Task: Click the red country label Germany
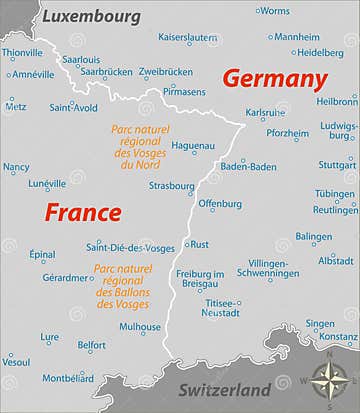click(x=274, y=80)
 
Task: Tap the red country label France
click(x=82, y=212)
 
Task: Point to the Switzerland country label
click(x=224, y=390)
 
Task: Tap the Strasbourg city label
click(x=171, y=186)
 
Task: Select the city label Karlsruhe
click(x=265, y=113)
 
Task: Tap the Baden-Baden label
click(x=248, y=166)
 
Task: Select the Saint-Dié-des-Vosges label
click(x=130, y=247)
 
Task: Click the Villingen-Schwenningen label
click(x=267, y=267)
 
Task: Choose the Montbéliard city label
click(x=68, y=378)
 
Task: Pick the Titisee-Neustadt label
click(x=221, y=307)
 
